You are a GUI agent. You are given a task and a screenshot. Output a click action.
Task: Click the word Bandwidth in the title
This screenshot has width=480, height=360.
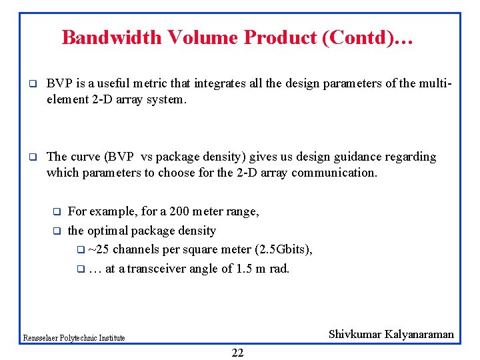coord(112,37)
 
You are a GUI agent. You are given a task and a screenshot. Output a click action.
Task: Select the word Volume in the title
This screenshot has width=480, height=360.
coord(202,37)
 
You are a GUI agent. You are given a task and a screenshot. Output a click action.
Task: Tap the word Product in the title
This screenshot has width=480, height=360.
coord(280,37)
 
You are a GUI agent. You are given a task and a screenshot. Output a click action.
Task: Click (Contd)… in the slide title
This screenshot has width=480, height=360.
coord(367,37)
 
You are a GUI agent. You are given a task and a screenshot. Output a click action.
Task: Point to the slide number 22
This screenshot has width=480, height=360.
coord(237,353)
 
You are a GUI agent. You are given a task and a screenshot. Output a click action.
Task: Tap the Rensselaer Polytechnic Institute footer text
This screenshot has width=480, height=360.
coord(74,338)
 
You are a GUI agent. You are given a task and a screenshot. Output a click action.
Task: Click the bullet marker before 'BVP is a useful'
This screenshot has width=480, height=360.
coord(31,85)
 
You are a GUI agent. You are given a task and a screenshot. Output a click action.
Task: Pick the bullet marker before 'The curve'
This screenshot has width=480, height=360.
coord(31,158)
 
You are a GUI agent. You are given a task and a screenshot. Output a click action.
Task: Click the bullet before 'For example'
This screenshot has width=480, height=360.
coord(57,213)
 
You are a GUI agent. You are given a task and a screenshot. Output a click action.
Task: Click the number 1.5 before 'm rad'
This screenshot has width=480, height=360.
coord(246,269)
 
